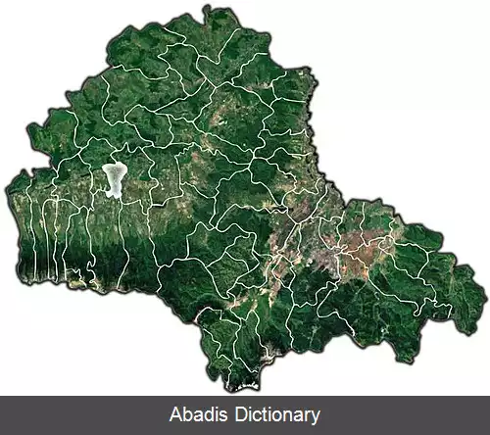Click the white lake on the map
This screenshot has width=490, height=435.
(115, 178)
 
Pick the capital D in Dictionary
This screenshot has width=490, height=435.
(238, 415)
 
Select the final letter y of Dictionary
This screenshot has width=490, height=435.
(315, 417)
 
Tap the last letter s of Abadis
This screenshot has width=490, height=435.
(225, 415)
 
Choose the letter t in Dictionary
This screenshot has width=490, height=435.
(261, 415)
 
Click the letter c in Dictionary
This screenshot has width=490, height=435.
(254, 415)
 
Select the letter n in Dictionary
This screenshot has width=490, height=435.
(284, 415)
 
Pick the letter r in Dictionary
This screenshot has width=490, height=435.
(306, 415)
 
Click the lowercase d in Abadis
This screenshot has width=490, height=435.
(211, 415)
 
